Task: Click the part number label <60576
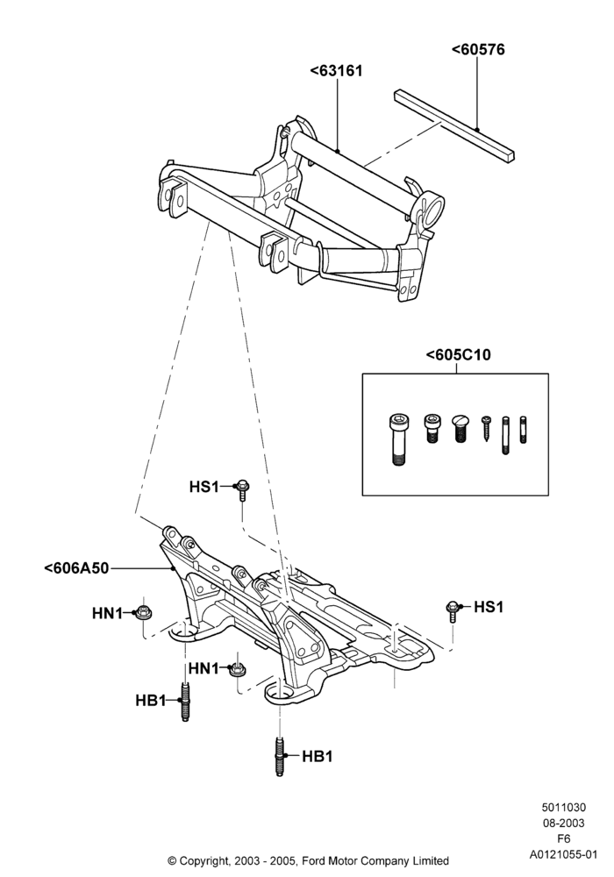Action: [478, 50]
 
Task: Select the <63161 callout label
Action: [336, 71]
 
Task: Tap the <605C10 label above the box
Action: [458, 354]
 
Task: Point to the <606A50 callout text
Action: [76, 568]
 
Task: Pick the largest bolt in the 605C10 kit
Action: [397, 440]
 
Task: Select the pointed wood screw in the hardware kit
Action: [487, 429]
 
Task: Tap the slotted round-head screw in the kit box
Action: [459, 429]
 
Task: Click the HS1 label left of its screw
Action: [203, 487]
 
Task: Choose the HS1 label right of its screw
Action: [489, 607]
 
